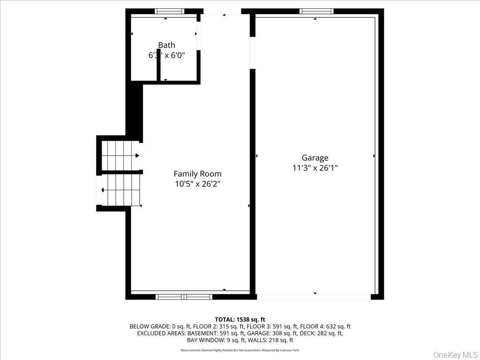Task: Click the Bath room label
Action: tap(166, 45)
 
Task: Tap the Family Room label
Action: tap(197, 174)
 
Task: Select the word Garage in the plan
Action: tap(315, 158)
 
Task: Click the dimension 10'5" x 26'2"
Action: tap(197, 184)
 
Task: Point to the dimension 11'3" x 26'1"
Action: tap(315, 168)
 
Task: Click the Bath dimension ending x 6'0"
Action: tap(166, 55)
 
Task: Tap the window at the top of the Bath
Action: tap(170, 11)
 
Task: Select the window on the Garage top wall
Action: tap(316, 11)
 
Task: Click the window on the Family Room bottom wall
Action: tap(184, 297)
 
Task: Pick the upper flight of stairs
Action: tap(120, 156)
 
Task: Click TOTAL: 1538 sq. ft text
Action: tap(240, 319)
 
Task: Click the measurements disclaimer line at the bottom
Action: tap(240, 350)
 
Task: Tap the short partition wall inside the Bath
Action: tap(159, 72)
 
